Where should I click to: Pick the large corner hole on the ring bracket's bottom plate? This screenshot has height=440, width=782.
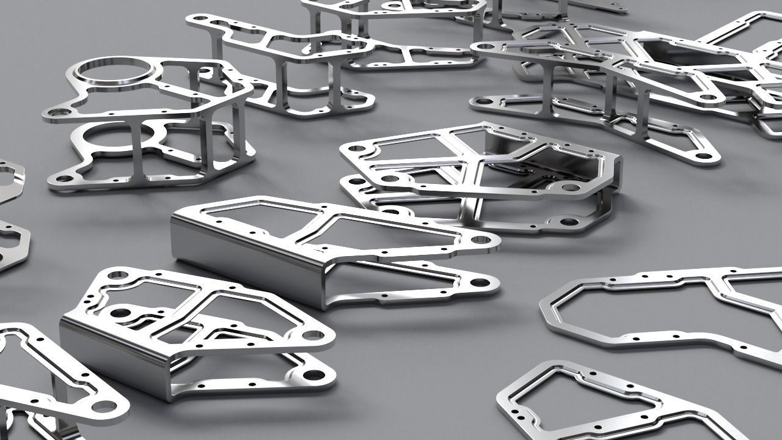(64, 179)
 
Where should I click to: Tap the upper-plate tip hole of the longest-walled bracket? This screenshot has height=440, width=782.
(480, 240)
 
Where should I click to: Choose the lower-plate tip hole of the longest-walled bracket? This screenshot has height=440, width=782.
(480, 283)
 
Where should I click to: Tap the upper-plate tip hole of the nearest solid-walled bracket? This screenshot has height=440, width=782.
(312, 335)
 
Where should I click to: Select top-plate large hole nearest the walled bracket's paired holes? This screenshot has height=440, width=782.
(119, 276)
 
